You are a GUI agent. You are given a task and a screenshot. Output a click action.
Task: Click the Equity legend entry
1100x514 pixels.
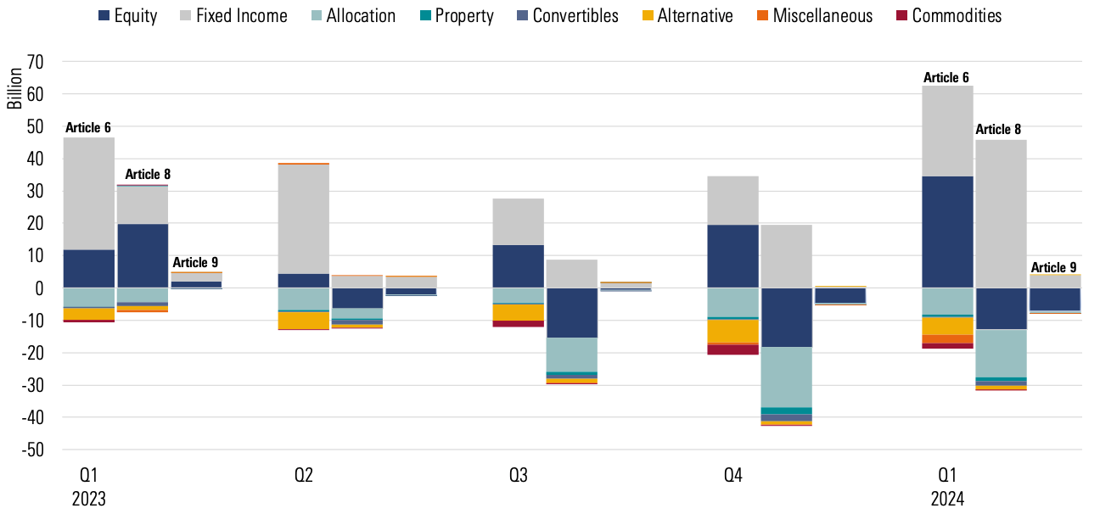[x=128, y=15]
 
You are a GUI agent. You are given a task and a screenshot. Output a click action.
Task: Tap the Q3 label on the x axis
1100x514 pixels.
[x=518, y=475]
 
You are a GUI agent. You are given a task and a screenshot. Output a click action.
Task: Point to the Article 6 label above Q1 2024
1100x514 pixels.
[x=946, y=77]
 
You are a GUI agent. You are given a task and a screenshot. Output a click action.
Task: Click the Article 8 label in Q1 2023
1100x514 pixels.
[x=148, y=175]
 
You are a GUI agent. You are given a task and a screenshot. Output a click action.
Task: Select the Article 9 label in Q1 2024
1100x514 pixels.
[x=1053, y=267]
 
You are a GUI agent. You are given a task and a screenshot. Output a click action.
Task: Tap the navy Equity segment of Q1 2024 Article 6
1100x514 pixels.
[x=948, y=232]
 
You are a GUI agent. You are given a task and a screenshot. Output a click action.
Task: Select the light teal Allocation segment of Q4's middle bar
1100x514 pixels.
[x=786, y=377]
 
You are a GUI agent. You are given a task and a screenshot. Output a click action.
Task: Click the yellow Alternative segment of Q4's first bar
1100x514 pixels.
[x=732, y=331]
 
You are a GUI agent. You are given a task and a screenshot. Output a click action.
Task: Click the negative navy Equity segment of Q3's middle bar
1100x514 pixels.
[x=571, y=313]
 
